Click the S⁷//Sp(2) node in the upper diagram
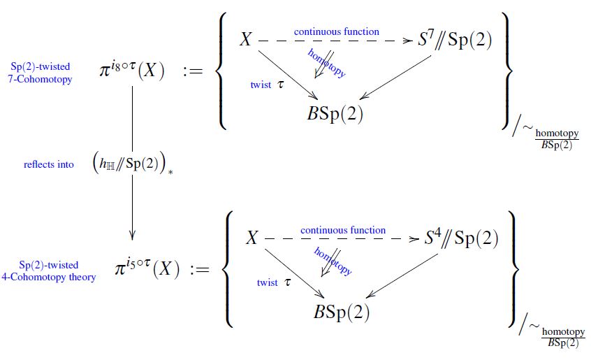coord(455,41)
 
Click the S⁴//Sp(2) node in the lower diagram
coord(462,239)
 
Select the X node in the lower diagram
coord(252,239)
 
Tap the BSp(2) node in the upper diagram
coord(335,114)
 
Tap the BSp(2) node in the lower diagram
coord(342,312)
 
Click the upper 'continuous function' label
coord(337,31)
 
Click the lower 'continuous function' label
coord(343,230)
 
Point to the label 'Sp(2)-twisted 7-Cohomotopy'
coord(41,73)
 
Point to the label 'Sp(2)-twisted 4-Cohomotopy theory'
coord(48,271)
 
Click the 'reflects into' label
coord(49,164)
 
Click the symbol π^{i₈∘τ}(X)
coord(132,70)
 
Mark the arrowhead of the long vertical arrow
coord(132,234)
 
